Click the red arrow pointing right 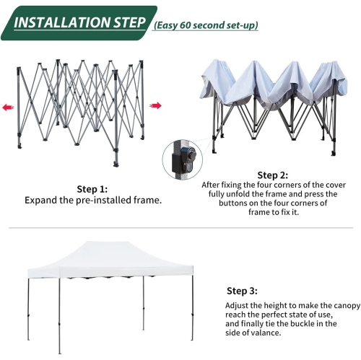[155, 106]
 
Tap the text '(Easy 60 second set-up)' [206, 26]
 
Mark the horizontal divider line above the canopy [180, 228]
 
